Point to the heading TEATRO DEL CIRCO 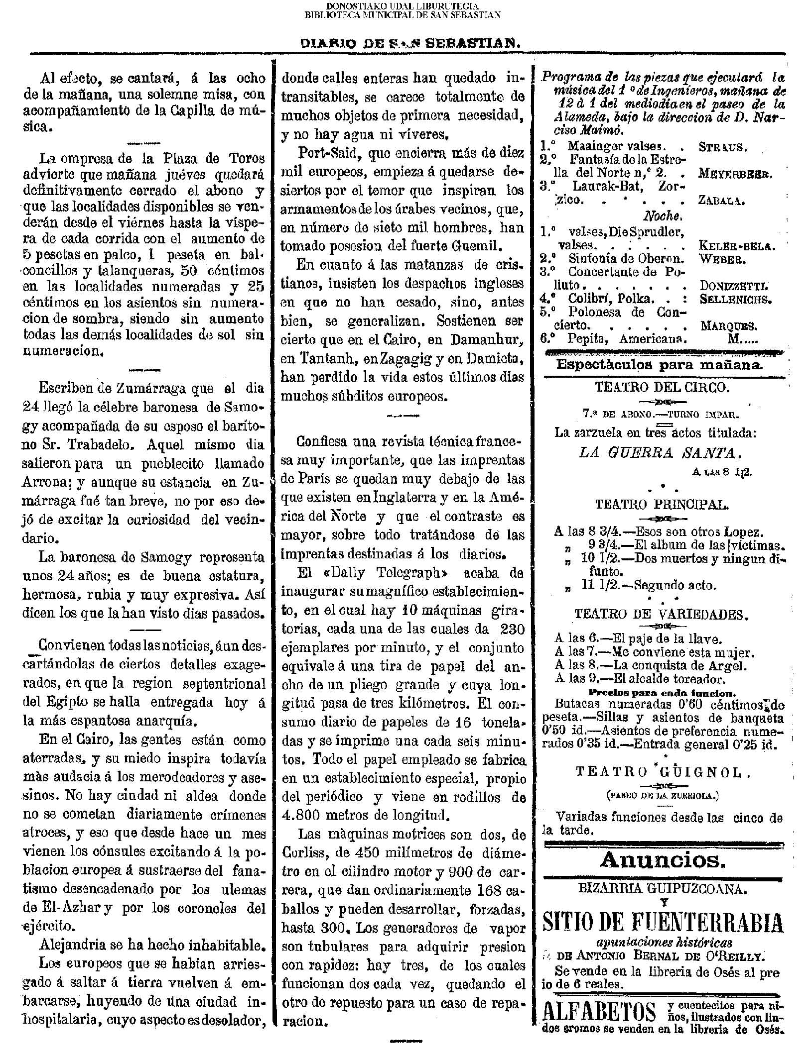(663, 388)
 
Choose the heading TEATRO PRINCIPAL (663, 505)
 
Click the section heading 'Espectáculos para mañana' (660, 365)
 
